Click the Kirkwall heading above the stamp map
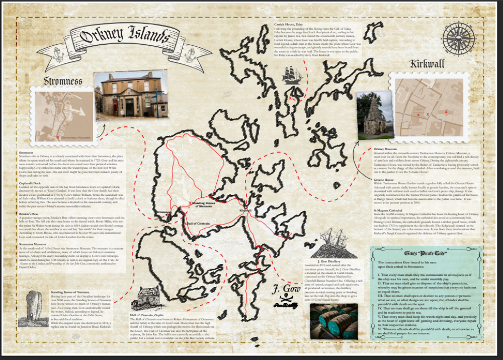coord(427,65)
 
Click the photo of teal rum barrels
coord(333,321)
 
